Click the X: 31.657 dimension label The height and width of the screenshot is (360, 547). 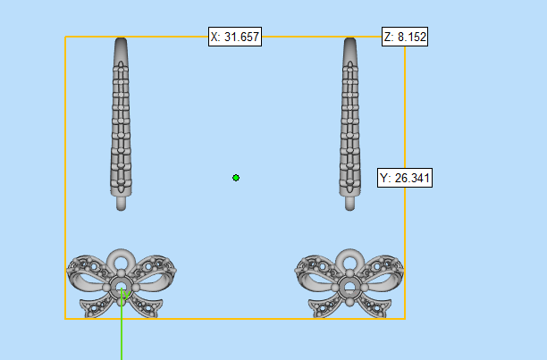(x=235, y=37)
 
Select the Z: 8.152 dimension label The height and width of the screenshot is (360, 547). (x=405, y=37)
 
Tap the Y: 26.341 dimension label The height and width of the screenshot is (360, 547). (x=405, y=178)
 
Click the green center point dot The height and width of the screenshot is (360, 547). (x=236, y=178)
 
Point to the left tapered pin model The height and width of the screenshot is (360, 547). (x=121, y=124)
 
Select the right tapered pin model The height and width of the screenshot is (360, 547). (x=349, y=124)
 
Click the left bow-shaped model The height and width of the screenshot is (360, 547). (x=121, y=283)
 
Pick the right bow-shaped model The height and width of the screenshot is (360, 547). (x=349, y=283)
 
